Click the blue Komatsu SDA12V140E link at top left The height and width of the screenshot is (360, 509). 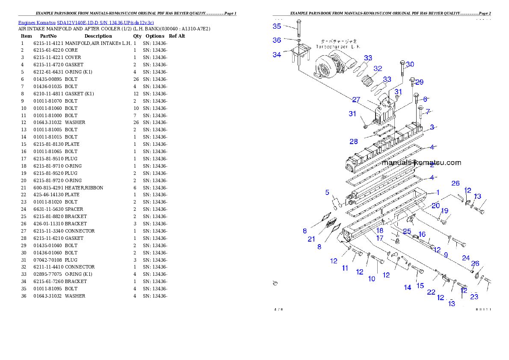click(86, 22)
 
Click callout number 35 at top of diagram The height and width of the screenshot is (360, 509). click(277, 26)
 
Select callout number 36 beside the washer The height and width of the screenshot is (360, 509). click(277, 40)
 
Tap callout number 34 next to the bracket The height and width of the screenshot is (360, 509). click(277, 55)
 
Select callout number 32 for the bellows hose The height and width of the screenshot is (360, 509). click(377, 68)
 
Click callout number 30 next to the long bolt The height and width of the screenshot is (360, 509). click(410, 65)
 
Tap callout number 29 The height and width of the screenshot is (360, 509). click(419, 82)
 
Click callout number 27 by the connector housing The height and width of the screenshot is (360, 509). click(356, 100)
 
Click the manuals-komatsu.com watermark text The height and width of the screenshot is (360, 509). click(421, 162)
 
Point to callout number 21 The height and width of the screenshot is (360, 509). click(311, 239)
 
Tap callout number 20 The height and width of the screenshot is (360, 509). click(435, 206)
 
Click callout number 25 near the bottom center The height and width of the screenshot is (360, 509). click(407, 232)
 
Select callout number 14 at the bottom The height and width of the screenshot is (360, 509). click(408, 287)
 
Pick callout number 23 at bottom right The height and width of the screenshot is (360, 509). click(474, 297)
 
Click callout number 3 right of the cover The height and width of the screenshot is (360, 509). click(432, 127)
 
